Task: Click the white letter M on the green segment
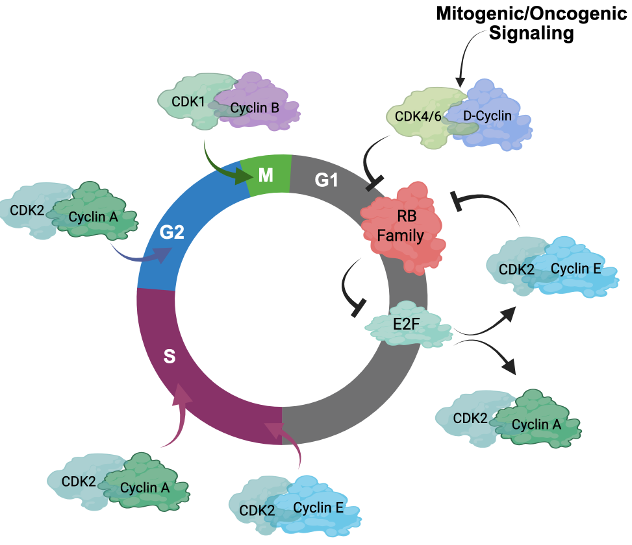[265, 175]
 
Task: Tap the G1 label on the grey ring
[326, 180]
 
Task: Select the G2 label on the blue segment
[172, 232]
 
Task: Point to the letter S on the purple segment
[170, 356]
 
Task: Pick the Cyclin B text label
[255, 108]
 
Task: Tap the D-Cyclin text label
[487, 116]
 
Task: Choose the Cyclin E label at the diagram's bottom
[318, 507]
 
